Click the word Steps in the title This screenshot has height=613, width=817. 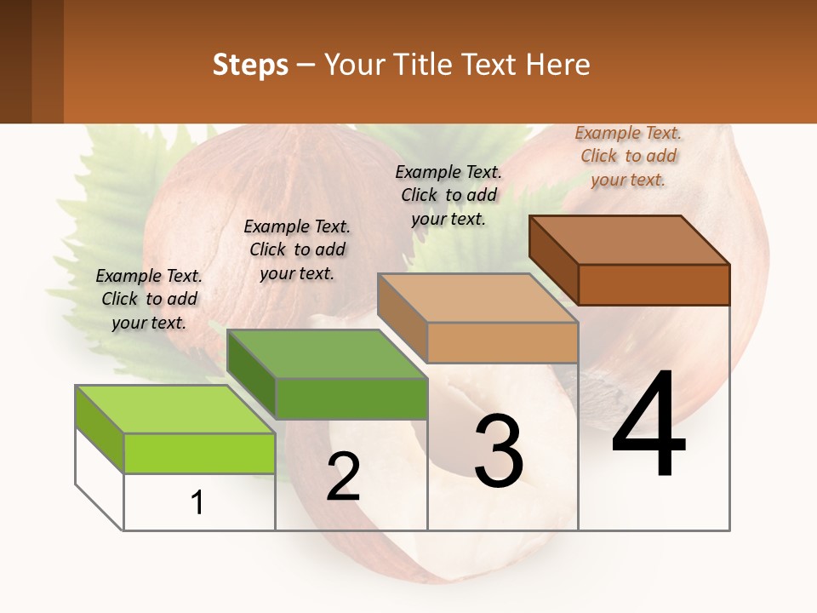(250, 65)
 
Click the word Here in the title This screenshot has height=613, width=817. (559, 65)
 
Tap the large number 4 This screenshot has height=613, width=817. (648, 426)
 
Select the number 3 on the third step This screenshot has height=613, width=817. (498, 451)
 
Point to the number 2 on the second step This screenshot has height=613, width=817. (343, 477)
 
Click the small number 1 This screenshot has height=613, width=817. (197, 503)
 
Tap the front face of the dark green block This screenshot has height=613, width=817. (351, 398)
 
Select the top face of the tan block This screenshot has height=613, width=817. (477, 298)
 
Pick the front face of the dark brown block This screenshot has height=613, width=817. (654, 284)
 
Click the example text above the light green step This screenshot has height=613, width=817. (149, 299)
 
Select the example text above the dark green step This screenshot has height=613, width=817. (297, 249)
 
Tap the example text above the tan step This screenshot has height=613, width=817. (448, 195)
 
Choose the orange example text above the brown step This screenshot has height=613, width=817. (628, 156)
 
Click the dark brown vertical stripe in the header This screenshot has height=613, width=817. (15, 61)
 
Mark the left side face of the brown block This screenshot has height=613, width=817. (553, 260)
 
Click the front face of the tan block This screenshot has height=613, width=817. (502, 343)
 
